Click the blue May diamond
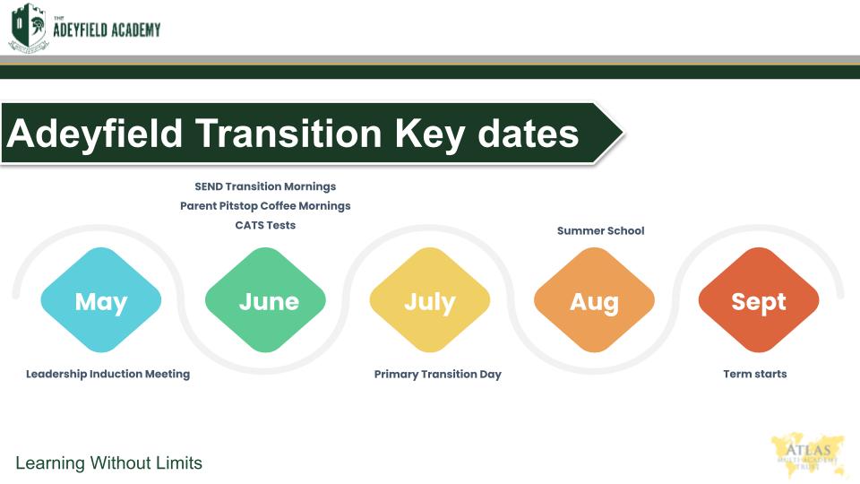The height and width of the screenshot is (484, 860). point(101,299)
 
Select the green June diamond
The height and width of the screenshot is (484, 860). point(265,299)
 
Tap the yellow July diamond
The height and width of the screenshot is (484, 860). point(430,299)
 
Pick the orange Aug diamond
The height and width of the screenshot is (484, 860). point(595,299)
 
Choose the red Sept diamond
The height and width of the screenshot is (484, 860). point(759,299)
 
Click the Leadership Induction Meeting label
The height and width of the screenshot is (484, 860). point(108,375)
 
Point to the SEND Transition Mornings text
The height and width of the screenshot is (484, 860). point(265,186)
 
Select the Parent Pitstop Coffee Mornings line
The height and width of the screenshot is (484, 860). point(265,206)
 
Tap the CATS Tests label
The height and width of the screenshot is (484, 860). point(265,225)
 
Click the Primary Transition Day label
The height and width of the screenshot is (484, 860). point(438,375)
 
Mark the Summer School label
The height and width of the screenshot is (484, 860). point(600,231)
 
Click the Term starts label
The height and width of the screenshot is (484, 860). point(755,375)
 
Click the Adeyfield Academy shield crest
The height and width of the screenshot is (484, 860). point(29,27)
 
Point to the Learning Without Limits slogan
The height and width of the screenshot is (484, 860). point(108,462)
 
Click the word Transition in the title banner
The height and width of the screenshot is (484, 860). point(288,134)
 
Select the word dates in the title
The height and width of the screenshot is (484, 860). point(529,134)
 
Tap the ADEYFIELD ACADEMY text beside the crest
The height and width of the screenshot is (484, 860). point(107,29)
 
